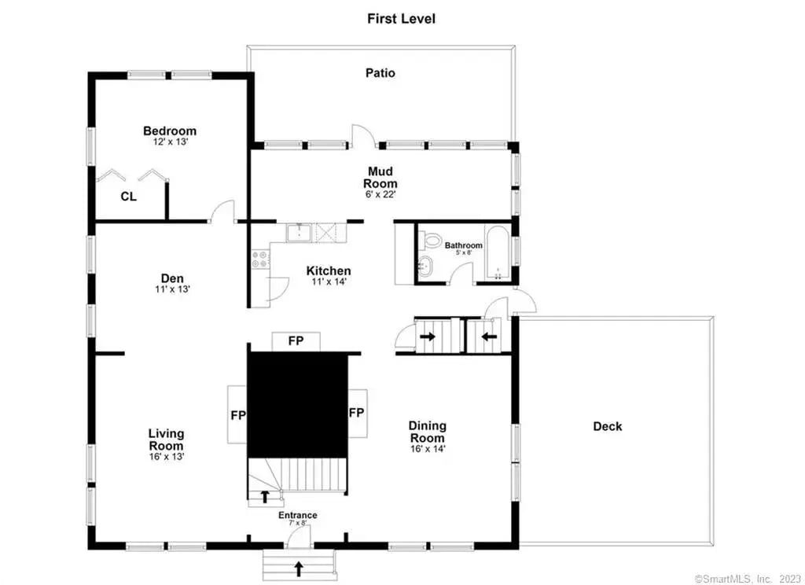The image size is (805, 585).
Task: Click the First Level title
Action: pos(401,19)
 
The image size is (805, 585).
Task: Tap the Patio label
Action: pos(380,73)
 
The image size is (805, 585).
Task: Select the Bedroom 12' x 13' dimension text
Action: pos(171,142)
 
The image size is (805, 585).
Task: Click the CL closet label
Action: pos(128,197)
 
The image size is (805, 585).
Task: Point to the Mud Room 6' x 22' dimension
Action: pos(380,194)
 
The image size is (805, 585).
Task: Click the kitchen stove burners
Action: pos(259,259)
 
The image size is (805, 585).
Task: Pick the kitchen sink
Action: pos(299,232)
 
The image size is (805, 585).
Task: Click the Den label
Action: pos(172,278)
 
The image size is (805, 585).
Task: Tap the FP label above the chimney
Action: pos(296,340)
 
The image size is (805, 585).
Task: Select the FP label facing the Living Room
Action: pos(237,415)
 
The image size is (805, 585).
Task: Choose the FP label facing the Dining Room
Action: pos(357,413)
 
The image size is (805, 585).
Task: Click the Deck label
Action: pos(608,426)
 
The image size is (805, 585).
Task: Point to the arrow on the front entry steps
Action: pos(298,568)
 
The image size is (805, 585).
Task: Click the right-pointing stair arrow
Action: pos(428,337)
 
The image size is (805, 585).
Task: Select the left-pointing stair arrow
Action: pos(489,337)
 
